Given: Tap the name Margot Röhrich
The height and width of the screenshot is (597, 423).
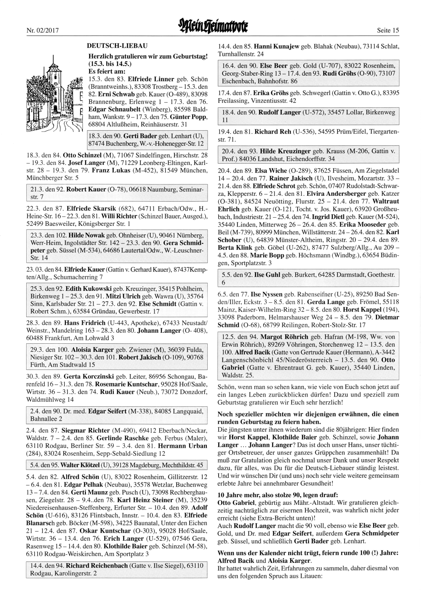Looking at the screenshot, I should (284, 337).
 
